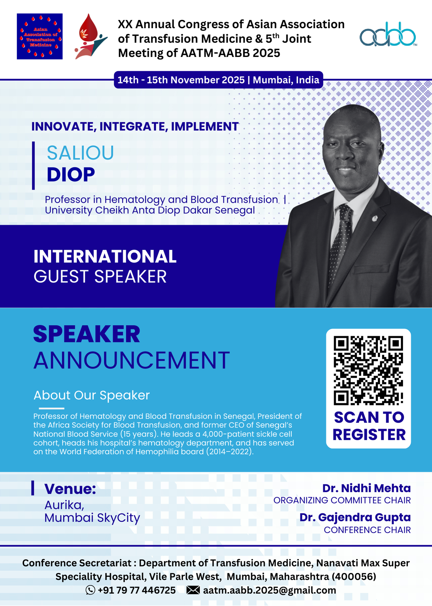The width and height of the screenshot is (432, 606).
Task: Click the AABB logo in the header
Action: pos(388,34)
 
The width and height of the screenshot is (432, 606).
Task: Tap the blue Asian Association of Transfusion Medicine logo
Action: pos(40,36)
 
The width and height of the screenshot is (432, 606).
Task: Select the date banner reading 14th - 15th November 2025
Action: pos(218,80)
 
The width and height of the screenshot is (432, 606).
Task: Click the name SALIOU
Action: pos(80,153)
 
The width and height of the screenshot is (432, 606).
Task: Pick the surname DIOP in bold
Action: pos(71,175)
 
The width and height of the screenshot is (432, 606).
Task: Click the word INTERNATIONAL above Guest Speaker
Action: pos(105,256)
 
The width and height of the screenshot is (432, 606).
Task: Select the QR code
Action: pos(368,370)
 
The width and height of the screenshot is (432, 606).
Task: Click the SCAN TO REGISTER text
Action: pos(369,426)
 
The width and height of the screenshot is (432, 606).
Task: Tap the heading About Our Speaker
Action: pos(92,395)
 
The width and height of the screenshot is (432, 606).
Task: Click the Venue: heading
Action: pos(70,489)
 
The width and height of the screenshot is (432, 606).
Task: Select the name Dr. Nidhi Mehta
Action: pos(366,488)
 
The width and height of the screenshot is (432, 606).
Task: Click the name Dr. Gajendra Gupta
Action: pos(355,518)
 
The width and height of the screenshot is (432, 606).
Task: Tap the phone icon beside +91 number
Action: pos(90,590)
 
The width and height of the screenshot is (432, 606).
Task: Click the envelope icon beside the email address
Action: pos(193,590)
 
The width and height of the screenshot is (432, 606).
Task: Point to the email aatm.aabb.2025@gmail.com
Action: pos(270,590)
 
